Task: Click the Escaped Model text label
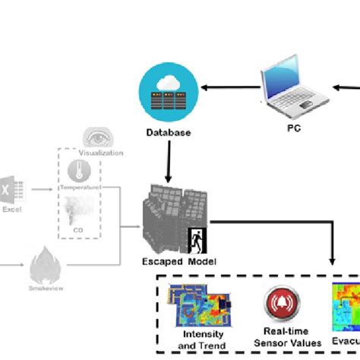point(179,262)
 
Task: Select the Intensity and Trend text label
point(200,339)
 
